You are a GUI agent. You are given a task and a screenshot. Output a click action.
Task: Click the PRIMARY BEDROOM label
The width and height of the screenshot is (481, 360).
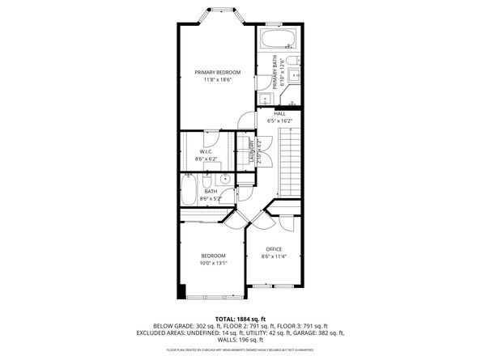[x=218, y=73]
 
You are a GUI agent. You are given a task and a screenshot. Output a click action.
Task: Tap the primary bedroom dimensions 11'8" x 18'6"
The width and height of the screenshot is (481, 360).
[x=218, y=80]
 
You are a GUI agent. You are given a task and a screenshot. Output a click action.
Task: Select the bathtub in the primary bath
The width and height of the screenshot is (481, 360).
[x=279, y=40]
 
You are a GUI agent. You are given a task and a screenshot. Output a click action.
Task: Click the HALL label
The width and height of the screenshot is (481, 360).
[x=279, y=114]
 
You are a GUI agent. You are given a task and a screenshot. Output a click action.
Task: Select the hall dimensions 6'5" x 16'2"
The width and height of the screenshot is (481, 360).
[x=279, y=121]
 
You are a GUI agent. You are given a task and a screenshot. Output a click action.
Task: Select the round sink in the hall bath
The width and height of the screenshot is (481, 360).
[x=227, y=180]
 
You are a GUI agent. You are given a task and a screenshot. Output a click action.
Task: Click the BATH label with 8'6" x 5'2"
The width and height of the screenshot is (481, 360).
[x=211, y=191]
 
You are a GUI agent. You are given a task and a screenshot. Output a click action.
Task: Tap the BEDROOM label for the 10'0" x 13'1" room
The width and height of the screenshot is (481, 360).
[x=214, y=256]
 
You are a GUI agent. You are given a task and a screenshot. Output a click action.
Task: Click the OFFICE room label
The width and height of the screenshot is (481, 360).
[x=274, y=248]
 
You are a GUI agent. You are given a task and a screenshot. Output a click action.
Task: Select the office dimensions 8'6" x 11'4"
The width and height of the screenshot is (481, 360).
[x=274, y=256]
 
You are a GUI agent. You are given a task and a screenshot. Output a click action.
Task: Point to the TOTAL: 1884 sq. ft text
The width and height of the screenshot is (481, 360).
[x=240, y=319]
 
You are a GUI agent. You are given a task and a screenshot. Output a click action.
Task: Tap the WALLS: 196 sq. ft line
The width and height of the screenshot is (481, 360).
[x=240, y=339]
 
